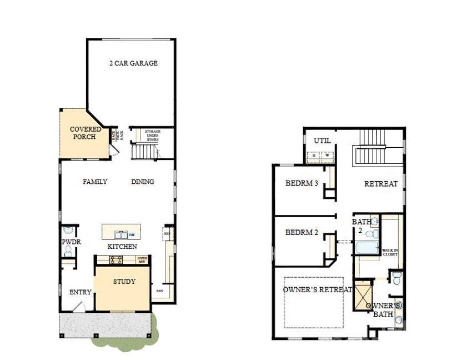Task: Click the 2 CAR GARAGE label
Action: pos(133,63)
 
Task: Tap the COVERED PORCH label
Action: pos(86,133)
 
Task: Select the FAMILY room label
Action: pos(95,182)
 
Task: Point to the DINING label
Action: pos(143,182)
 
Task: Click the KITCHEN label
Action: pos(122,246)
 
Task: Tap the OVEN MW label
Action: pos(142,259)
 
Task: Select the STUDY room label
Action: pos(124,282)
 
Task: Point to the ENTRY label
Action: pos(80,292)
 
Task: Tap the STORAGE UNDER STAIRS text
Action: pos(153,135)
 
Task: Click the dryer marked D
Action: pos(315,156)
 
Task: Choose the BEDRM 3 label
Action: pos(302,183)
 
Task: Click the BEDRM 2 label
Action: pos(302,232)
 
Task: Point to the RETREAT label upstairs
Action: pos(381,184)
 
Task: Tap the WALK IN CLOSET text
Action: pos(389,252)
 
